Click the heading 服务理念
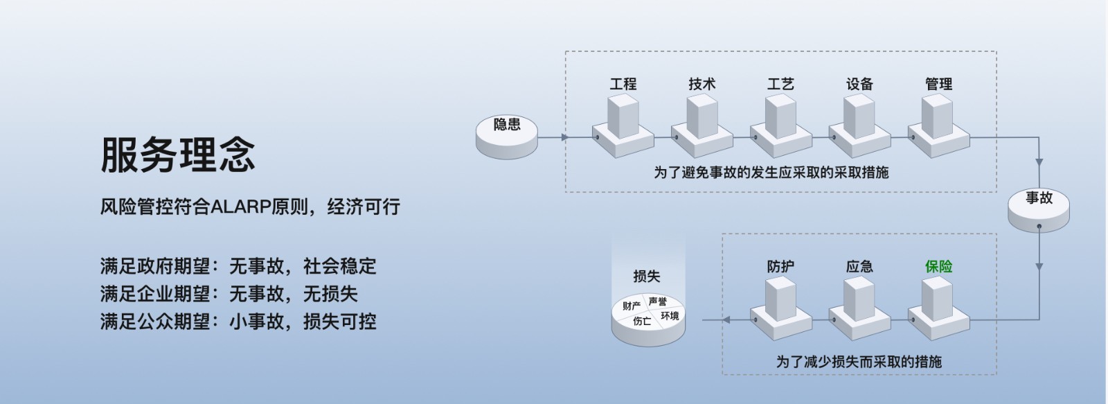178,154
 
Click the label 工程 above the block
623,85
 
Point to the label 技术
702,85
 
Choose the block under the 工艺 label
780,125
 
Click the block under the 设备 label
859,125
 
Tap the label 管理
938,85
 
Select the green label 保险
938,266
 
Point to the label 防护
780,266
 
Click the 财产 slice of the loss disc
631,306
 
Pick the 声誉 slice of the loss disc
658,301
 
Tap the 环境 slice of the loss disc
669,316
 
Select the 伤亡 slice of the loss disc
642,322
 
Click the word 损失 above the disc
646,276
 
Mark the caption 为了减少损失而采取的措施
859,361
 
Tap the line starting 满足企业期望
229,294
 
